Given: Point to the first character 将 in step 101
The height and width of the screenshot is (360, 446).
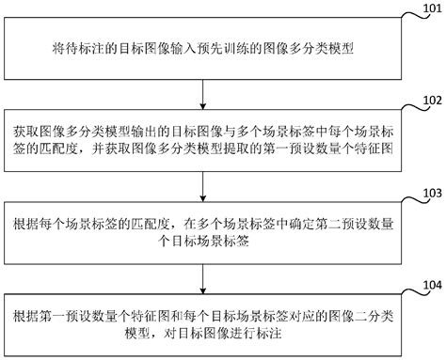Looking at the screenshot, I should [x=58, y=47].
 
